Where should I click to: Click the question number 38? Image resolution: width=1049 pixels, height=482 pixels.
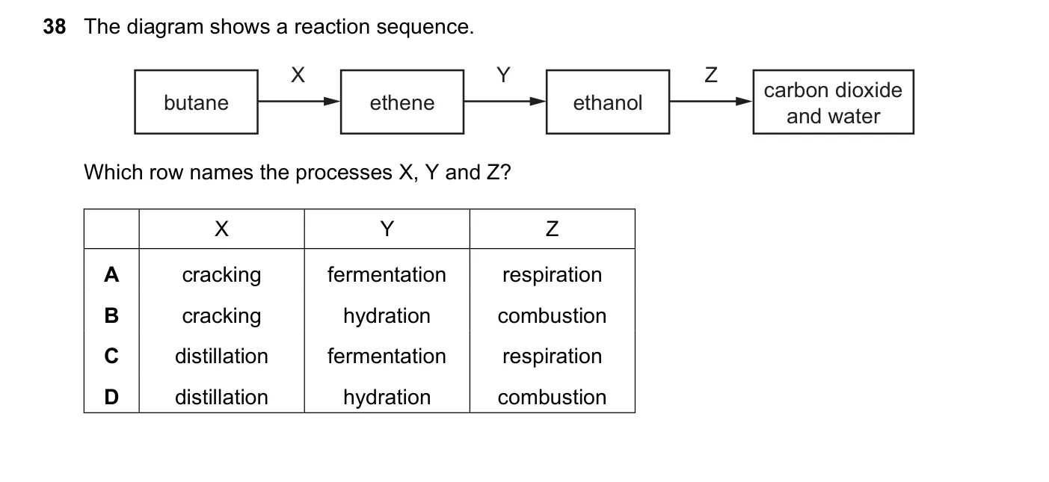tap(55, 27)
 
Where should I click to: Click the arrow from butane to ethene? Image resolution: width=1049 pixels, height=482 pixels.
tap(299, 101)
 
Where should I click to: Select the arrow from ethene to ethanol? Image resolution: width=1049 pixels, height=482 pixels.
tap(505, 101)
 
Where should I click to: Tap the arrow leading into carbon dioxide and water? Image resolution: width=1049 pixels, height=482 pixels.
tap(711, 101)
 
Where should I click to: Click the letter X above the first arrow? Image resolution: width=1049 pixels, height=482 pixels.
tap(298, 75)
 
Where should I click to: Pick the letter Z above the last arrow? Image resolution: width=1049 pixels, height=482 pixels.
tap(711, 75)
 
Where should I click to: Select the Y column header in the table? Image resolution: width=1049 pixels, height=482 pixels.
tap(387, 229)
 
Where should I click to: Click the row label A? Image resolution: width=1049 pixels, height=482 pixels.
tap(111, 275)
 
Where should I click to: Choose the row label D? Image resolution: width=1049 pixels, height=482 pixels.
tap(111, 398)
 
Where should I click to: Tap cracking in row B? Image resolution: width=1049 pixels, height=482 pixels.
tap(221, 316)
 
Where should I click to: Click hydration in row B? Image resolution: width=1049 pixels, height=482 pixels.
tap(387, 316)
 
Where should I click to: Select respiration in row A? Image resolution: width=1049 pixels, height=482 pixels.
tap(552, 275)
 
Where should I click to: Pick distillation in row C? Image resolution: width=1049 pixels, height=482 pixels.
tap(221, 356)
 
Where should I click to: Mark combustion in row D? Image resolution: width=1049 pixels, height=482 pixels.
tap(552, 398)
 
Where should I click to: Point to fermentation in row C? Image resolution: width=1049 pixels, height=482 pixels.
tap(387, 356)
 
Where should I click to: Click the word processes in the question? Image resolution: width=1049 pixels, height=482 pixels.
tap(344, 173)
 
